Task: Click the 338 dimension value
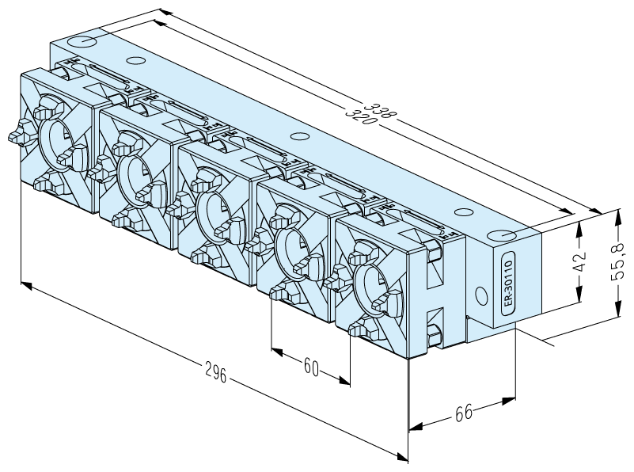pyautogui.click(x=380, y=110)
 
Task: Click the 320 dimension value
pyautogui.click(x=360, y=116)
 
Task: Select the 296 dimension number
pyautogui.click(x=215, y=372)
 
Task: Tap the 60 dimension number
pyautogui.click(x=311, y=367)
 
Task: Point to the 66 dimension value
pyautogui.click(x=463, y=413)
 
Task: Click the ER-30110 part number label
pyautogui.click(x=508, y=283)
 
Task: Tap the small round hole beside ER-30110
pyautogui.click(x=481, y=296)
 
